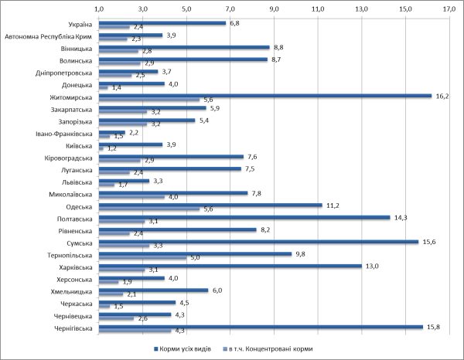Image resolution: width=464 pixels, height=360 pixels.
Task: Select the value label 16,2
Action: click(x=443, y=96)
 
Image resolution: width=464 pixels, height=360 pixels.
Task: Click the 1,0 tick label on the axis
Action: click(x=99, y=8)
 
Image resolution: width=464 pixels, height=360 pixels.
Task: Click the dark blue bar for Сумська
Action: click(x=258, y=241)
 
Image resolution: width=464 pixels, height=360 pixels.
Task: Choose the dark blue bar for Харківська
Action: click(x=230, y=266)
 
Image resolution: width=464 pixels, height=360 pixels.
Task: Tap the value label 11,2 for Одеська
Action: click(x=333, y=205)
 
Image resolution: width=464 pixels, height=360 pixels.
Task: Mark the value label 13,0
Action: click(x=372, y=266)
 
